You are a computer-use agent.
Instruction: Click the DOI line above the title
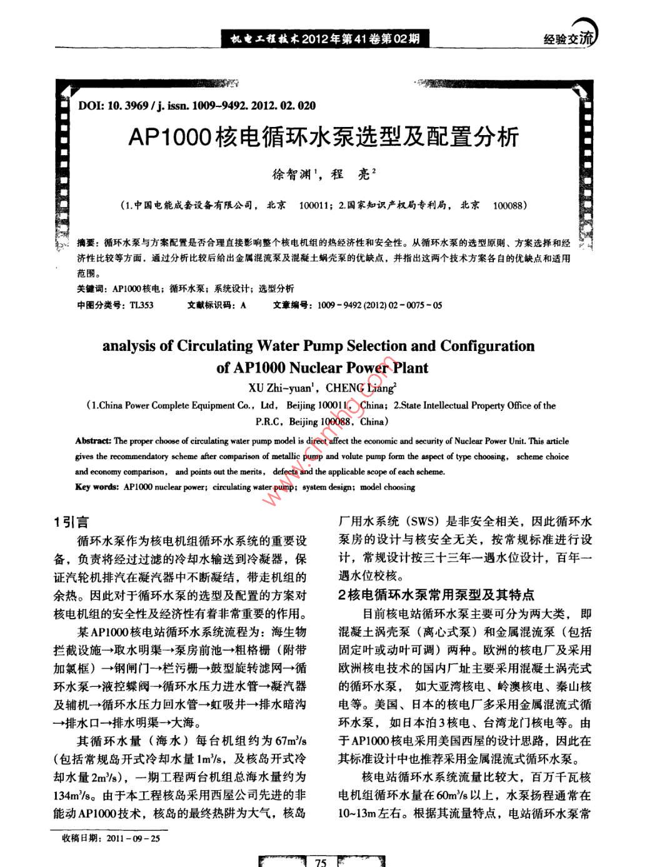tap(197, 106)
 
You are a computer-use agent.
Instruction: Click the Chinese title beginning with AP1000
tap(323, 136)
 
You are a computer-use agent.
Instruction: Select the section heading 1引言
tap(71, 522)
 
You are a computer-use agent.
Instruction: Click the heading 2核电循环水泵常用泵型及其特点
tap(436, 594)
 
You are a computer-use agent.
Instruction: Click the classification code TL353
tap(141, 305)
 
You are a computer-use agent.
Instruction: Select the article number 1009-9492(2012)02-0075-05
tap(379, 305)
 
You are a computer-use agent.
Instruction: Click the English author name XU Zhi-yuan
tap(279, 388)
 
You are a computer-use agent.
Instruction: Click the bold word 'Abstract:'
tap(93, 440)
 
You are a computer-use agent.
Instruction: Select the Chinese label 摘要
tap(86, 243)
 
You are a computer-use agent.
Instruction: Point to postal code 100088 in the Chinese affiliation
tap(508, 205)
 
